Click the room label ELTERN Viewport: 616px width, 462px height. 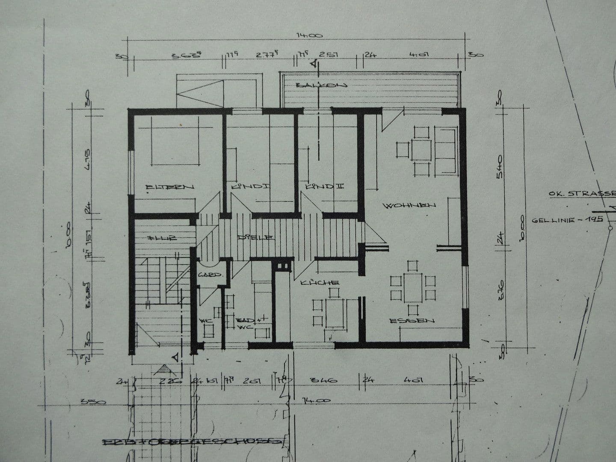coord(170,187)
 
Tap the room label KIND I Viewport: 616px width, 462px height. coord(251,187)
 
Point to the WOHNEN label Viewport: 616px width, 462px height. coord(410,205)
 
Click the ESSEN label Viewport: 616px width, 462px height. coord(412,320)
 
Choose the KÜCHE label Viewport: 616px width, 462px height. coord(320,283)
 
